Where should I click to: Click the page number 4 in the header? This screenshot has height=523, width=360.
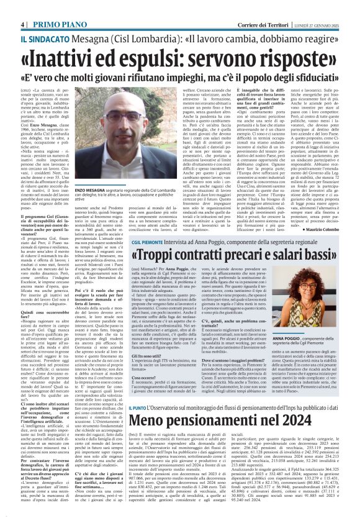click(x=22, y=7)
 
